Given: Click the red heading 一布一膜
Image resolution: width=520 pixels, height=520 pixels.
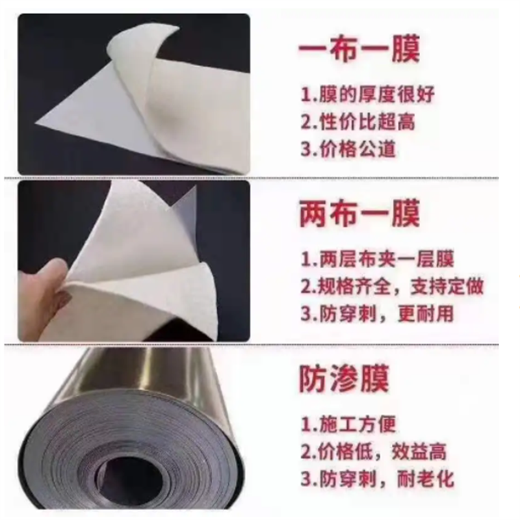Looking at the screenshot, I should [359, 50].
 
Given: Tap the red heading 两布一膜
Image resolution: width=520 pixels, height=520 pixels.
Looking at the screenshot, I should [359, 214].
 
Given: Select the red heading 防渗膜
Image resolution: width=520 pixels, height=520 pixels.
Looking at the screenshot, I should [344, 379].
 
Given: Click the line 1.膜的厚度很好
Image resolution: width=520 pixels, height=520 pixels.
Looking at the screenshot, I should [367, 94].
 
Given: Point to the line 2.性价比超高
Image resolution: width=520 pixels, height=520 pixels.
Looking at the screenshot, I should [357, 122].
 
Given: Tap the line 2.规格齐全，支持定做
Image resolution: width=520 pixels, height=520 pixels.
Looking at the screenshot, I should [392, 286].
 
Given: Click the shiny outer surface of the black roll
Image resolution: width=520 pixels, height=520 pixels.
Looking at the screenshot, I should [162, 377].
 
